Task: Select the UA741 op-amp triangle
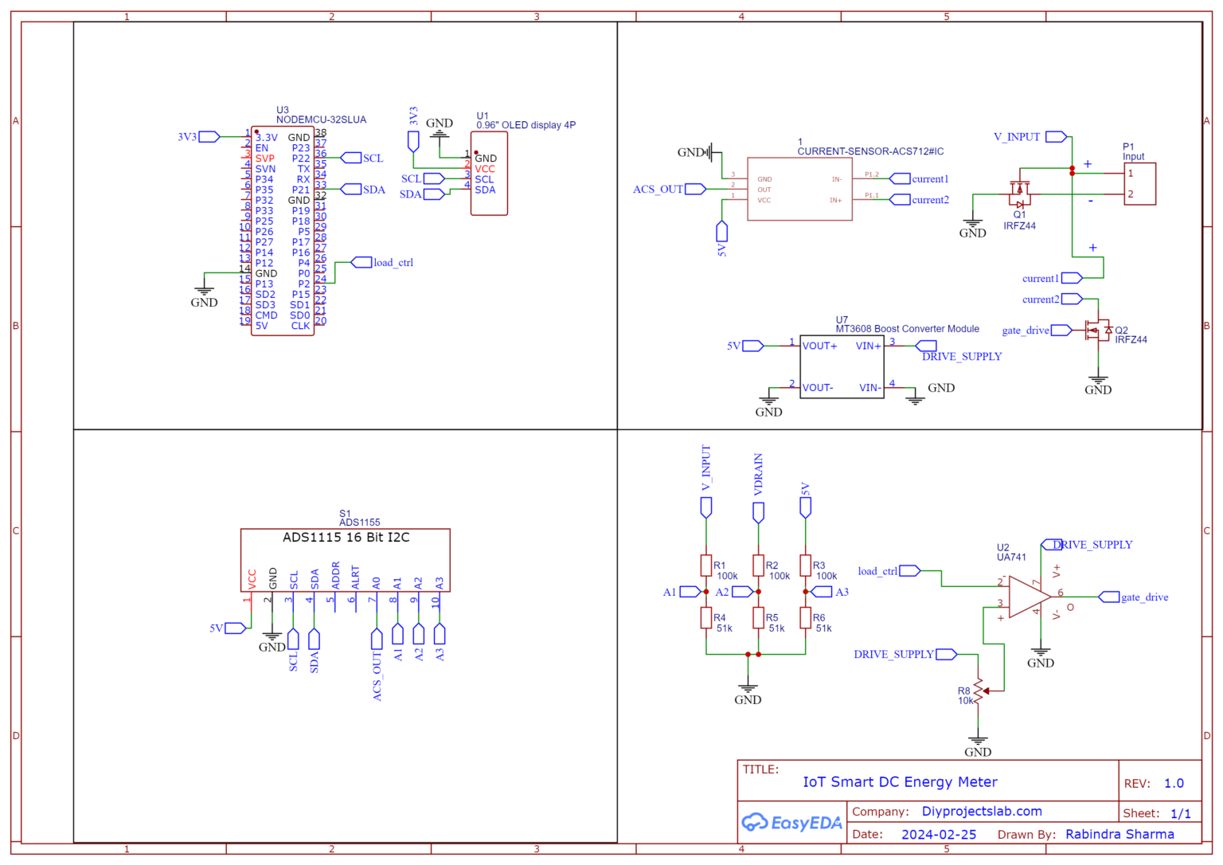[1029, 597]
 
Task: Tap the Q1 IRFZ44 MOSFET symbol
[1019, 191]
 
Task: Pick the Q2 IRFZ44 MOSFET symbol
[1099, 330]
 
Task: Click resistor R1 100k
[706, 566]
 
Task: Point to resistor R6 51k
[806, 618]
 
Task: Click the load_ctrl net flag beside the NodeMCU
[361, 262]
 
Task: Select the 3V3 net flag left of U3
[209, 137]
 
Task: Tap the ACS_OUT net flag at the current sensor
[695, 189]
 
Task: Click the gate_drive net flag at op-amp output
[1109, 597]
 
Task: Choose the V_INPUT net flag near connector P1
[1056, 137]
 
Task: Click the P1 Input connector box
[1139, 184]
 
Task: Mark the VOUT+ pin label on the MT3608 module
[819, 346]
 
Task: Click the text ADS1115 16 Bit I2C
[346, 538]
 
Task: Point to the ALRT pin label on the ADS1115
[355, 577]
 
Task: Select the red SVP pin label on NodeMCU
[264, 159]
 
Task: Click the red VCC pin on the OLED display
[485, 169]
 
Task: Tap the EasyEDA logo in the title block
[791, 823]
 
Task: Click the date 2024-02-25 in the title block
[938, 834]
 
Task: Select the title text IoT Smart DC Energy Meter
[900, 782]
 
